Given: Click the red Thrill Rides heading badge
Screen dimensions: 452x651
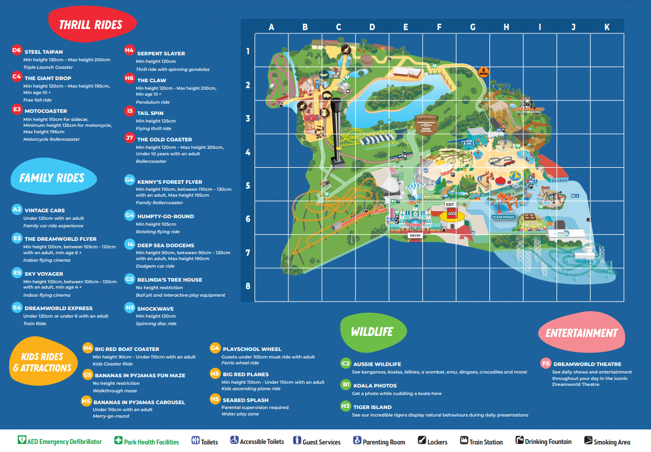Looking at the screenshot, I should coord(91,24).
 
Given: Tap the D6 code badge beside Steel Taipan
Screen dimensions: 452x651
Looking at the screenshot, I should coord(16,51).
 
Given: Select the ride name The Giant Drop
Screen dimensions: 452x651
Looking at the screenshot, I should coord(48,78).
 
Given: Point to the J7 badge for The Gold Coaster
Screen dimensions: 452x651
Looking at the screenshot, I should coord(129,138).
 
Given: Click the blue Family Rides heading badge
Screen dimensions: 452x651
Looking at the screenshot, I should coord(52,178).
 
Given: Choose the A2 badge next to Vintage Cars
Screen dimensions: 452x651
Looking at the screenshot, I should coord(17,210).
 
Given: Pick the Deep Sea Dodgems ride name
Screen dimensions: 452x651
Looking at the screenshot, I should coord(165,245).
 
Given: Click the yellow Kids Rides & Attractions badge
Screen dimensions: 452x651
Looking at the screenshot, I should coord(42,362).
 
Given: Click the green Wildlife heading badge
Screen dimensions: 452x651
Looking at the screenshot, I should coord(372,332).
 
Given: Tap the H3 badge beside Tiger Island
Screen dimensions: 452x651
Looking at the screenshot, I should coord(345,406).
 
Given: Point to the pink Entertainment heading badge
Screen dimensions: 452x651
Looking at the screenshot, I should coord(581,333).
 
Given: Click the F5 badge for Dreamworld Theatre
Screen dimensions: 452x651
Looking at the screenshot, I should coord(546,364).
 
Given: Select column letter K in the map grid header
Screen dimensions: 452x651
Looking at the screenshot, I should coord(607,27).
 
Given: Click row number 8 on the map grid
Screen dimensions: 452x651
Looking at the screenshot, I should coord(248,286).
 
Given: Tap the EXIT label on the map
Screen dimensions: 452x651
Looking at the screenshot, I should coord(450,205).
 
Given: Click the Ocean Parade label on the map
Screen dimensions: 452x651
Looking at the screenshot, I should coord(504,217).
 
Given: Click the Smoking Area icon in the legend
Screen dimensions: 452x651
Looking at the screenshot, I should coord(588,441).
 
